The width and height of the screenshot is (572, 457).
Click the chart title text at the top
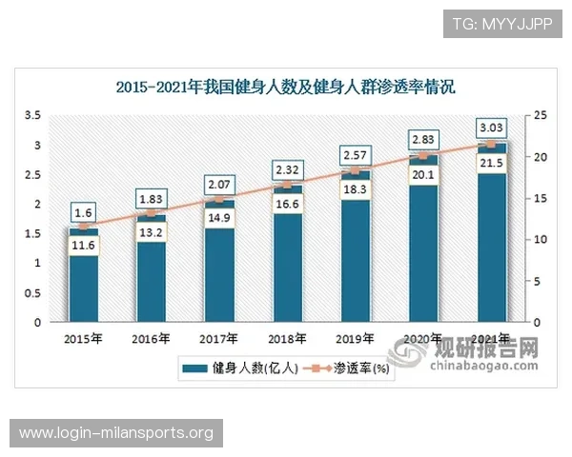[x=286, y=88]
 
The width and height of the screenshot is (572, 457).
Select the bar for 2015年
[x=83, y=276]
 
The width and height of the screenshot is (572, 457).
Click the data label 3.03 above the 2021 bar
[x=492, y=128]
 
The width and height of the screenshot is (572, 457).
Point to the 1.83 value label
[x=151, y=198]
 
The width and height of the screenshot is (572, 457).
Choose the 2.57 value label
[x=356, y=154]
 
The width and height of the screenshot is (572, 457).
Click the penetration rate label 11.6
[x=83, y=247]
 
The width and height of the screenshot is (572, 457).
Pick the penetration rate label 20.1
[x=423, y=174]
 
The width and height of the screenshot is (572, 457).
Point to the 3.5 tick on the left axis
[x=33, y=115]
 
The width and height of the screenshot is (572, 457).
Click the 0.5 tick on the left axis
[x=33, y=292]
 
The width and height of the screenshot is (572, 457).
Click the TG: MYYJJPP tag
[x=503, y=23]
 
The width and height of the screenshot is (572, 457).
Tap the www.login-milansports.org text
[x=116, y=433]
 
